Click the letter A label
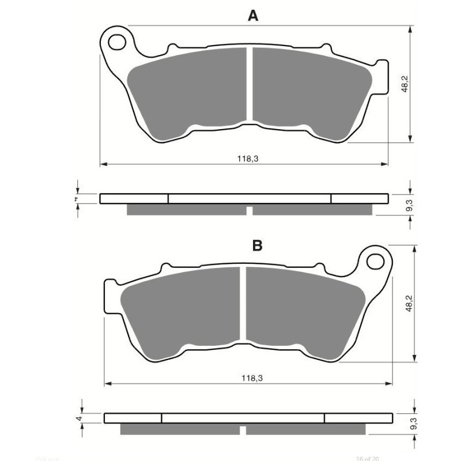(x=252, y=16)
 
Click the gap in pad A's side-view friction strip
(x=250, y=210)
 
